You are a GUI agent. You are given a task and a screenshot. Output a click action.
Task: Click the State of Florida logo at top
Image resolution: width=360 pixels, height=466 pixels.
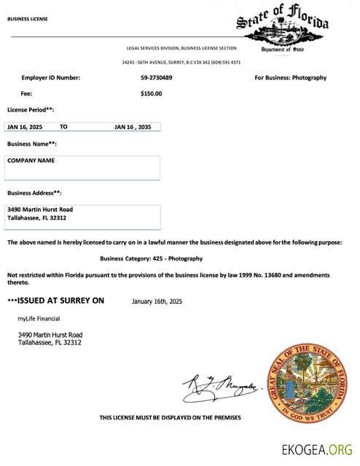point(283,26)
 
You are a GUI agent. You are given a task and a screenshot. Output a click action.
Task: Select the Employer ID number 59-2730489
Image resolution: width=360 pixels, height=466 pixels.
point(157,78)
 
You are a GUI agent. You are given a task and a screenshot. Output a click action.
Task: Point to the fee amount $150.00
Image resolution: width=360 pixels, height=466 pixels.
point(151,93)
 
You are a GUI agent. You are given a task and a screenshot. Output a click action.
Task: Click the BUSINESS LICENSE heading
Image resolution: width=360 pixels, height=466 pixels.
point(27,19)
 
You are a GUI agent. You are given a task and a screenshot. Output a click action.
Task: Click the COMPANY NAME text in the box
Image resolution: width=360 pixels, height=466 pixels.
point(31,160)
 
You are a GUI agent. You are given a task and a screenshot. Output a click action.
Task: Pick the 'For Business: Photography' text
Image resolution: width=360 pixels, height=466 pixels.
point(290,78)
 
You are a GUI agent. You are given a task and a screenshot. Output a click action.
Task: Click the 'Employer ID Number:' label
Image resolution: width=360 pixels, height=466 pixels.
point(50,78)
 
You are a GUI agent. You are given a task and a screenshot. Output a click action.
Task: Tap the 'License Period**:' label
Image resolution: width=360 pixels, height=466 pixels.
point(31,110)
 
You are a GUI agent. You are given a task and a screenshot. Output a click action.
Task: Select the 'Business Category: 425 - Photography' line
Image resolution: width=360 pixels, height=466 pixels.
point(151,258)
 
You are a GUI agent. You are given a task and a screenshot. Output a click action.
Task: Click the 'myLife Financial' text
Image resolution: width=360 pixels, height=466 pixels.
point(39,318)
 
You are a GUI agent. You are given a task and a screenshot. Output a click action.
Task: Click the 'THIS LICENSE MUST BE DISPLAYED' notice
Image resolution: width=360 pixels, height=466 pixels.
point(170,417)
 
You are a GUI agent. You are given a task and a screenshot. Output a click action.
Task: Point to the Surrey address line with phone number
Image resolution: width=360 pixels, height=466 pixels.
point(181,63)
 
